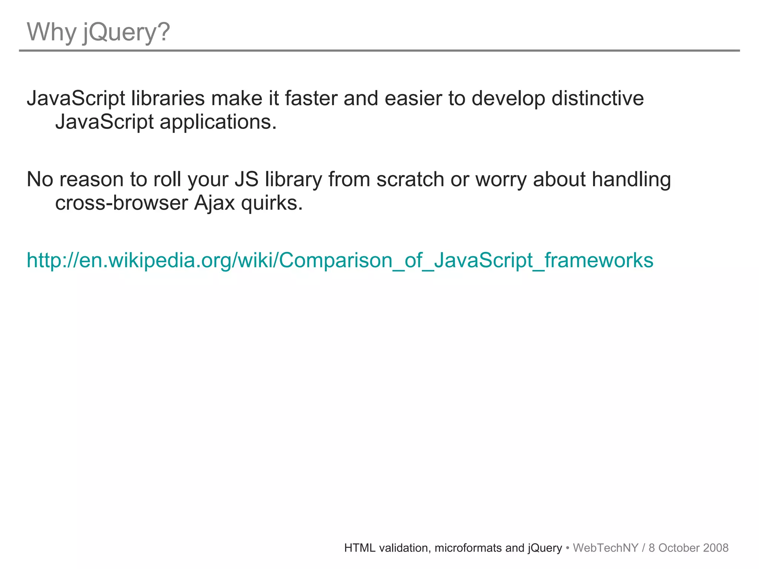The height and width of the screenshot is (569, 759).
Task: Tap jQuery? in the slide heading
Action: (126, 33)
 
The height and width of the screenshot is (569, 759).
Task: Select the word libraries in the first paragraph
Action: (168, 99)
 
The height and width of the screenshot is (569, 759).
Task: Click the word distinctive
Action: (598, 99)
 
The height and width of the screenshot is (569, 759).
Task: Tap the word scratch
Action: (410, 180)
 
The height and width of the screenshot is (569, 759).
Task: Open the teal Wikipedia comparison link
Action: (340, 260)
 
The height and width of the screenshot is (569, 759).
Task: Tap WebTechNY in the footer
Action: (606, 548)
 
